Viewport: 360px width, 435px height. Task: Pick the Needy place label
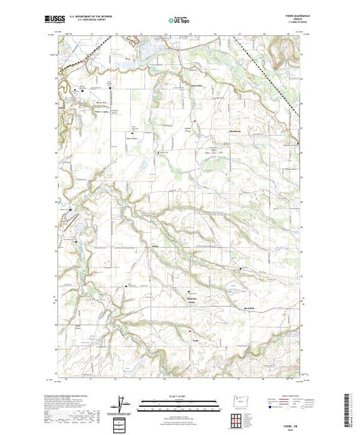[x=155, y=246]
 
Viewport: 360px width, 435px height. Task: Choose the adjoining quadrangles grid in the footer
[x=238, y=419]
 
